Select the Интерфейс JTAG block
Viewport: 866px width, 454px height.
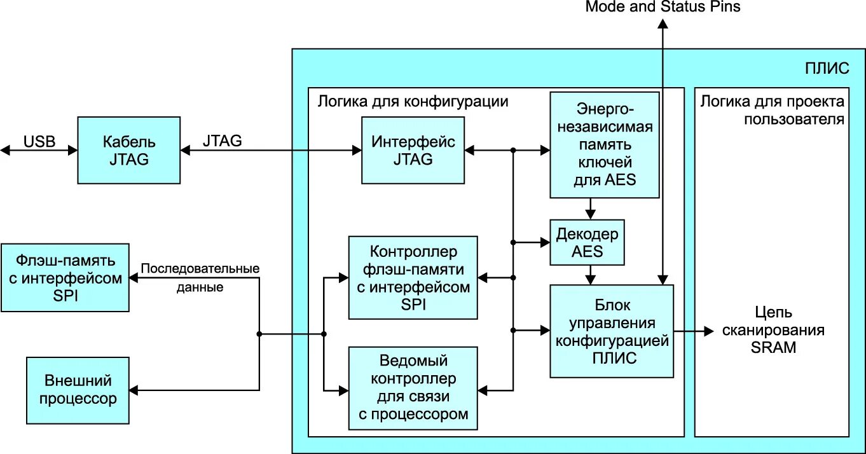coord(413,150)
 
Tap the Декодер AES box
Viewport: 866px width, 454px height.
coord(587,243)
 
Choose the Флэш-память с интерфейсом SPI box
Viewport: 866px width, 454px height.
coord(65,277)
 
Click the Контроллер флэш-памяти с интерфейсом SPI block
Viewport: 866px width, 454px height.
coord(413,278)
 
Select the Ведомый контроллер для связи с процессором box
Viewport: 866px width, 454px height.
coord(413,388)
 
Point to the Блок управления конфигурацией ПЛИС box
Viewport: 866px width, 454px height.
coord(611,331)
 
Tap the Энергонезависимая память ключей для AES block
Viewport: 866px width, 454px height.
coord(604,144)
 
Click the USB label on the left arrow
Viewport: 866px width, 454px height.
coord(39,141)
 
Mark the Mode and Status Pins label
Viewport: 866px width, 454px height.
coord(663,7)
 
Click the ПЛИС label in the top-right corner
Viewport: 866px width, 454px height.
coord(827,69)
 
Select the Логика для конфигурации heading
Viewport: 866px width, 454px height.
coord(413,102)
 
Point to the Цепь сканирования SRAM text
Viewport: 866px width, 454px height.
coord(773,330)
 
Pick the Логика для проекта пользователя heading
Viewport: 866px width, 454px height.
coord(773,110)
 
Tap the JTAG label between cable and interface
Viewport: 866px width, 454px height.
coord(222,141)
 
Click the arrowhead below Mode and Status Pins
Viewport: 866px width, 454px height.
coord(663,24)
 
